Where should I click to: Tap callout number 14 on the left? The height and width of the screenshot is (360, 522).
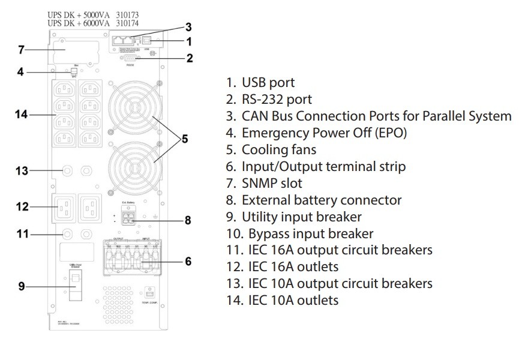tap(22, 113)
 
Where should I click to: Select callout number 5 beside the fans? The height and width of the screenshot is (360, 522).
tap(184, 139)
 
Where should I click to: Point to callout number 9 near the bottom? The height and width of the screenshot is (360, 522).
tap(22, 286)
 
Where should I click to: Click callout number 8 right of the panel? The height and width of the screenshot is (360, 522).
tap(188, 220)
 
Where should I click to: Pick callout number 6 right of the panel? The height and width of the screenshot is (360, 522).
tap(188, 261)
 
